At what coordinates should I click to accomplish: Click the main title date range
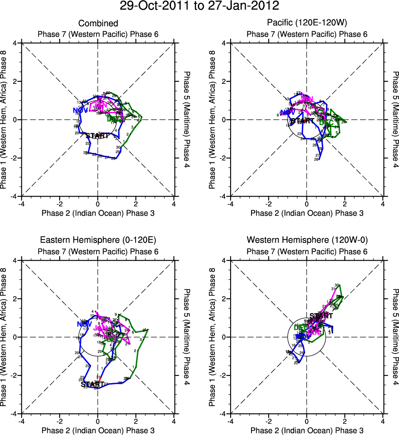coord(199,7)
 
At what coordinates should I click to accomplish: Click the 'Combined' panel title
coord(98,23)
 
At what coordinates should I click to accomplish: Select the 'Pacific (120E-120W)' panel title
coord(307,23)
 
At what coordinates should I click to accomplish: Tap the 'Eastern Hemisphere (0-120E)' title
coord(98,240)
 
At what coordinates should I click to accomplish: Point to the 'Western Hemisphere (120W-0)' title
coord(307,240)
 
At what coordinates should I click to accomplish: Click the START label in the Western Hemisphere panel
coord(321,316)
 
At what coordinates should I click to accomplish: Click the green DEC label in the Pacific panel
coord(326,123)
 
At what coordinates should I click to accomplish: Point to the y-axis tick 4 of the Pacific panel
coord(224,43)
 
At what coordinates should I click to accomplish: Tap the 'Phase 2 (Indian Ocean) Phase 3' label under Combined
coord(98,213)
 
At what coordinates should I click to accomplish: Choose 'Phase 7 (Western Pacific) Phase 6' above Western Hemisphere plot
coord(307,251)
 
